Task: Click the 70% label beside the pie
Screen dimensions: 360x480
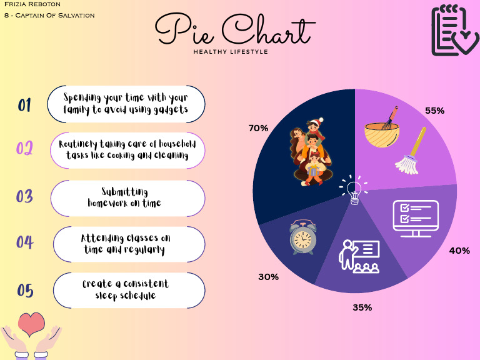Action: pos(258,128)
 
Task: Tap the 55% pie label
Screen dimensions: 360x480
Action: pos(434,111)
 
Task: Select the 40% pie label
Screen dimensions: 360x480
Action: pos(459,251)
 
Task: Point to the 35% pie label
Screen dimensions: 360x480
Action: pos(362,307)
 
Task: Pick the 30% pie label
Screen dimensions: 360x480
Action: pos(268,276)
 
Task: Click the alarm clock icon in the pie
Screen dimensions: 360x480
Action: pos(302,238)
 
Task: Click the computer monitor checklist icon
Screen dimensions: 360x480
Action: pos(414,219)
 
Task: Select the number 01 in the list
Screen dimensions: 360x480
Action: pos(24,105)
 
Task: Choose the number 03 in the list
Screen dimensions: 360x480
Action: pos(24,196)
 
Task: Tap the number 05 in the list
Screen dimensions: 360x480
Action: pos(25,291)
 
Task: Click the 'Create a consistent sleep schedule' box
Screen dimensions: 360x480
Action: pos(129,290)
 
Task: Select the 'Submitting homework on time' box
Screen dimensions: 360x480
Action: pos(127,197)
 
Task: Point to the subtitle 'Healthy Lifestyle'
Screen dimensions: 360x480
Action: pos(231,52)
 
